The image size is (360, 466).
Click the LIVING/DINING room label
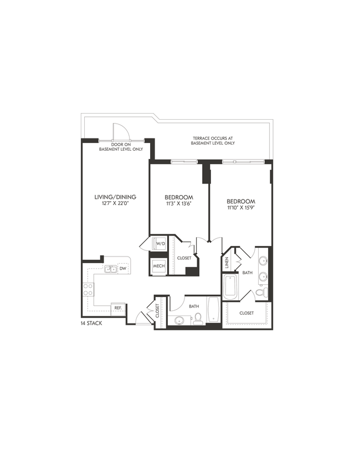[x=115, y=197]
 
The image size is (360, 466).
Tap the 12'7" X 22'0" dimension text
[x=115, y=204]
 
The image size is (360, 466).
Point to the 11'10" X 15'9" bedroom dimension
[x=240, y=208]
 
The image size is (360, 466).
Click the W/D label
[x=160, y=244]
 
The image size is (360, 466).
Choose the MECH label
[x=160, y=267]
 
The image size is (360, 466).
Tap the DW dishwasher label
[x=124, y=269]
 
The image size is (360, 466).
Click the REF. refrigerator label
[x=117, y=308]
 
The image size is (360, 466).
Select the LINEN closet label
[x=228, y=263]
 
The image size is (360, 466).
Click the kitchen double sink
[x=111, y=269]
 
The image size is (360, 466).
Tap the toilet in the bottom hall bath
[x=197, y=319]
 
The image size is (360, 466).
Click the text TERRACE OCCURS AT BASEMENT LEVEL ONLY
[x=213, y=140]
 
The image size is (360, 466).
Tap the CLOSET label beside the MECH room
[x=184, y=258]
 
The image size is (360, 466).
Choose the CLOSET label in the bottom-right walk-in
[x=246, y=313]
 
